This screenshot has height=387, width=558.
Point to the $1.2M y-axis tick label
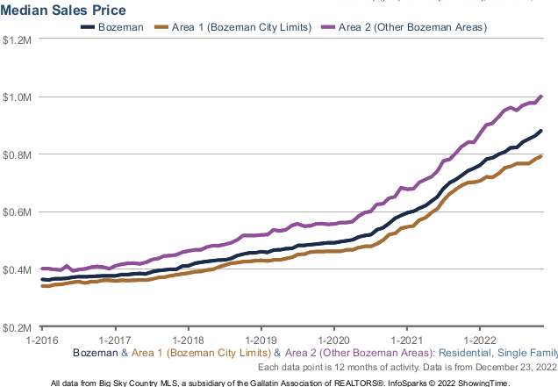point(18,40)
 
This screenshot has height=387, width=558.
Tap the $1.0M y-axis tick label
point(18,97)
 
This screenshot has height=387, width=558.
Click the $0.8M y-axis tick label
point(18,155)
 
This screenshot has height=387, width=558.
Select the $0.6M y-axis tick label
point(18,212)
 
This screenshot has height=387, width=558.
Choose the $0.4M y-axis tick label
point(18,270)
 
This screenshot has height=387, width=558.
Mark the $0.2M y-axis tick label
point(18,327)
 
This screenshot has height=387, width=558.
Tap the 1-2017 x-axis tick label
point(115,339)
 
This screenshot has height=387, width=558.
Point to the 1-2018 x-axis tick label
point(188,339)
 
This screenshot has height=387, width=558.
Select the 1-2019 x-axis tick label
point(261,339)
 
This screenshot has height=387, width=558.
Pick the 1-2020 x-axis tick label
point(334,339)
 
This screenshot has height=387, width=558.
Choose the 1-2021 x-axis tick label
point(407,339)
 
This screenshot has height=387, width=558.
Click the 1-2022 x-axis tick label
point(480,339)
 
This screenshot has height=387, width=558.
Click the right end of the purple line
point(541,96)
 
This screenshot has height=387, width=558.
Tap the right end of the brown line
point(541,156)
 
